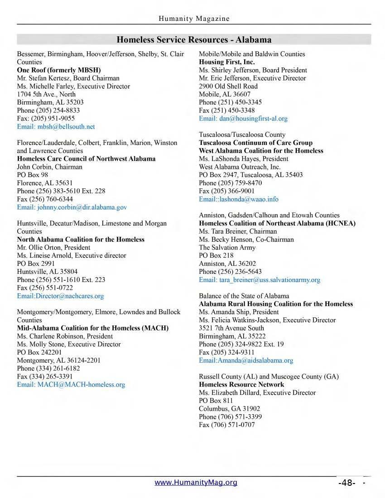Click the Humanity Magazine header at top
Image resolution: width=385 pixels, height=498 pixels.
click(x=194, y=19)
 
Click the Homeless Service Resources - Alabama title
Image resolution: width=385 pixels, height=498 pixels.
click(x=194, y=39)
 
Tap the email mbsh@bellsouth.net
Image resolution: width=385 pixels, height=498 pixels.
click(x=56, y=127)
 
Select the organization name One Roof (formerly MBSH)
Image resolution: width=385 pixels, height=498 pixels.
click(x=59, y=70)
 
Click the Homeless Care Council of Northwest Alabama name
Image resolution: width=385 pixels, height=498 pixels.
click(x=86, y=159)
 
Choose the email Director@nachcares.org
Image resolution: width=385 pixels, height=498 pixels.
click(x=60, y=296)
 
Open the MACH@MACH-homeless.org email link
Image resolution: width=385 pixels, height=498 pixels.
click(x=71, y=385)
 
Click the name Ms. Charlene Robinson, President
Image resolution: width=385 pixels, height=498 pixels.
click(x=65, y=336)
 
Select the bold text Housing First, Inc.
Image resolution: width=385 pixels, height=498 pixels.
click(x=227, y=62)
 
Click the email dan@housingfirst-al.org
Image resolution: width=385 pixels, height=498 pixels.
click(x=243, y=119)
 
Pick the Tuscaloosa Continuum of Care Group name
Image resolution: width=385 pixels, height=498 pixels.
click(x=255, y=143)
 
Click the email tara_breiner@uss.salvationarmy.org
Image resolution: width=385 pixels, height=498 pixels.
click(x=260, y=280)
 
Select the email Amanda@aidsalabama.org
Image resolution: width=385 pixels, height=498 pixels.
click(x=246, y=360)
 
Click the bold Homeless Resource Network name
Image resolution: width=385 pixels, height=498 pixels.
click(x=241, y=385)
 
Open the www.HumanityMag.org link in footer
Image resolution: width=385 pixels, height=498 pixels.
click(x=196, y=483)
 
